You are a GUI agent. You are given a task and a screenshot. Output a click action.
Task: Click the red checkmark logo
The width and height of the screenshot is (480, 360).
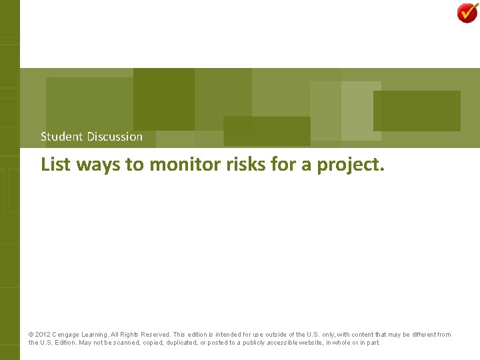click(x=467, y=12)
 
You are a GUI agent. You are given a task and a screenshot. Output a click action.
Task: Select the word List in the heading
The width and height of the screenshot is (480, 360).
click(x=55, y=164)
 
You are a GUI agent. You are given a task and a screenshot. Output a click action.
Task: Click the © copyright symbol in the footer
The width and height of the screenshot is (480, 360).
click(x=31, y=335)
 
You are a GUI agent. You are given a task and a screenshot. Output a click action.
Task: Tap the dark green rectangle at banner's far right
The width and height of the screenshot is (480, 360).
click(x=417, y=111)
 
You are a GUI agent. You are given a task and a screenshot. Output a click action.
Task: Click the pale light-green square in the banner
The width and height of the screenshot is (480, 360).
click(x=361, y=111)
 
